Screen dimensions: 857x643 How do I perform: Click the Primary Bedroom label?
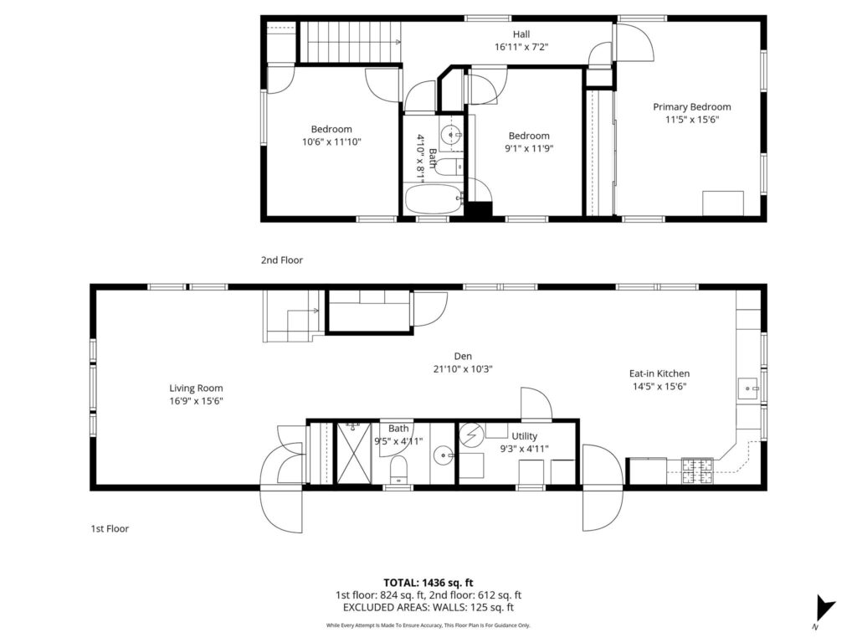(692, 106)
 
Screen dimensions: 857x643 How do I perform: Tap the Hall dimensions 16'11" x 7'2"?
(521, 47)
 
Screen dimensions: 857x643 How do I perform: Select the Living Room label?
(196, 388)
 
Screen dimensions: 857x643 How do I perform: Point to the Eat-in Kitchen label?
(659, 373)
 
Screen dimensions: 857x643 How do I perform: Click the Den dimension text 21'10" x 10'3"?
(463, 369)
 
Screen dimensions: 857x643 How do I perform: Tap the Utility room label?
(524, 435)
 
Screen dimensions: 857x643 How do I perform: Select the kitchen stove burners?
(697, 471)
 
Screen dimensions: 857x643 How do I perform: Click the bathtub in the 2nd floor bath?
(434, 200)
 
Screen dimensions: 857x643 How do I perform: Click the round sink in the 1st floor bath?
(444, 455)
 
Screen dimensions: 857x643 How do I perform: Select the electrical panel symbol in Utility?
(472, 435)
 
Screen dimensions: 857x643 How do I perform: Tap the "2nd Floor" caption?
(281, 260)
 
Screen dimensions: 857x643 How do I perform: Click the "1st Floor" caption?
(110, 529)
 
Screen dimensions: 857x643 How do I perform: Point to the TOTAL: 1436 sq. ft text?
(428, 583)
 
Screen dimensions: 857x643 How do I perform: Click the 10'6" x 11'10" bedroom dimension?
(331, 142)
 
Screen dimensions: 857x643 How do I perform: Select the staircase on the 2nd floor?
(351, 42)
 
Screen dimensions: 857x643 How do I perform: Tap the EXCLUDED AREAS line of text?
(428, 607)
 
